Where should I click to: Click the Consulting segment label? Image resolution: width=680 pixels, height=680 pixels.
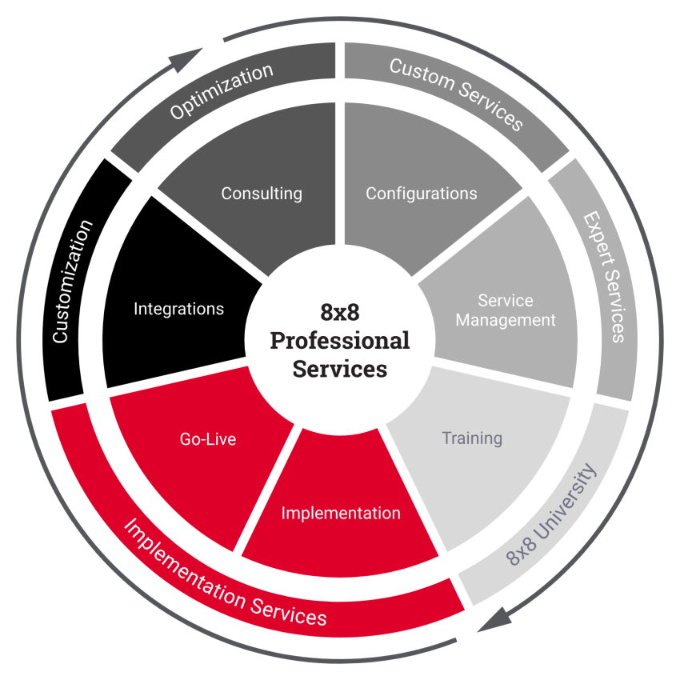[x=262, y=194]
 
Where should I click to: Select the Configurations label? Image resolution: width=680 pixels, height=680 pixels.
[x=421, y=194]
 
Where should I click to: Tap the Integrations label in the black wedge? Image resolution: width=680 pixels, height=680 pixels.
[x=178, y=309]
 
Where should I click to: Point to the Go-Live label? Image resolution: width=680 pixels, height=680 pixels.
[x=208, y=439]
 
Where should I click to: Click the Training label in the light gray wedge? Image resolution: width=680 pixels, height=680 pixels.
[x=472, y=438]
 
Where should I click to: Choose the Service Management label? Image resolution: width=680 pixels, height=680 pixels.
[x=506, y=310]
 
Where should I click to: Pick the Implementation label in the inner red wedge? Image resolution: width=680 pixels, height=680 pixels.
[x=341, y=513]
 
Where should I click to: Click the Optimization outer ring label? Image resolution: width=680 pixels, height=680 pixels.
[x=222, y=91]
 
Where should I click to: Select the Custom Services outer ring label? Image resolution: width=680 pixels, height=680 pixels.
[x=456, y=94]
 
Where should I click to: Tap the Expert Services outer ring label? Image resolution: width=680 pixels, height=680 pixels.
[x=604, y=277]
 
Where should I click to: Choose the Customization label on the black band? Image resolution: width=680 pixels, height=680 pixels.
[x=72, y=282]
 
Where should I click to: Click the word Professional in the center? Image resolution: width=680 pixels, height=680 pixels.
[x=339, y=341]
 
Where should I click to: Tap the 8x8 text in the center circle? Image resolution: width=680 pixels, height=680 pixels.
[x=339, y=312]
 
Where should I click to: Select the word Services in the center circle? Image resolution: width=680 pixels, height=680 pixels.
[x=339, y=369]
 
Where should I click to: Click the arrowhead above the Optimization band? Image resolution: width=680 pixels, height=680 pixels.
[x=184, y=60]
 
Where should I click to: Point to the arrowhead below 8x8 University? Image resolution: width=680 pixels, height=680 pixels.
[x=495, y=619]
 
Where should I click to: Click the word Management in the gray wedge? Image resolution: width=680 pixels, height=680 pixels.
[x=506, y=320]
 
